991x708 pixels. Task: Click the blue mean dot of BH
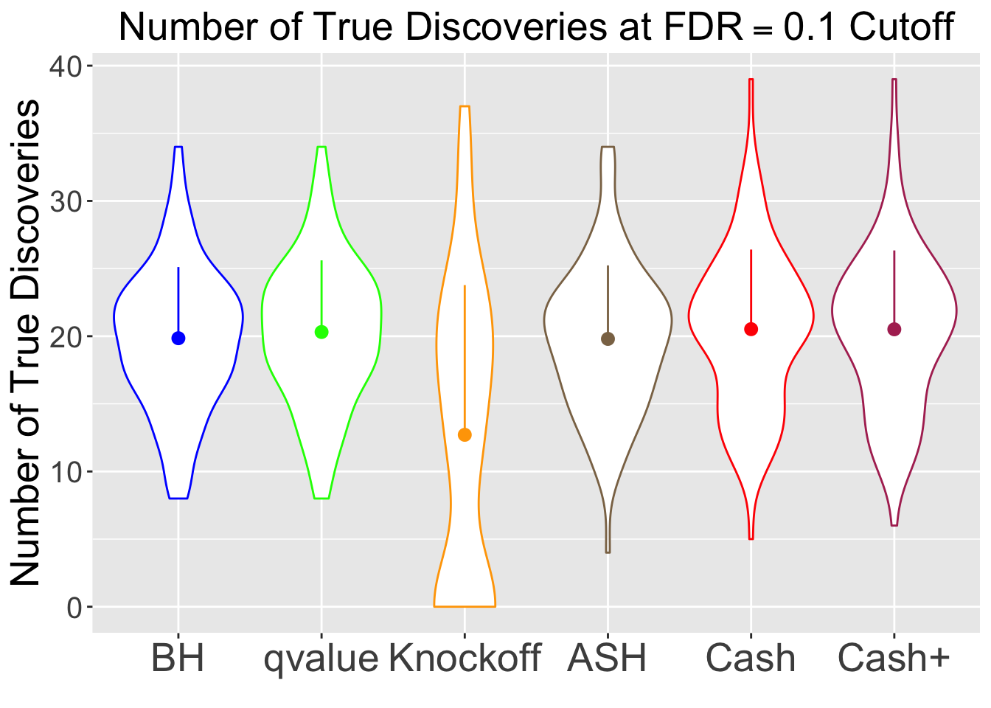click(178, 338)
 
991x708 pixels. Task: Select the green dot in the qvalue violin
click(321, 332)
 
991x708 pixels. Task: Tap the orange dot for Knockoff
click(465, 434)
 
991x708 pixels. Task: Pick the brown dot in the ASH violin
click(608, 339)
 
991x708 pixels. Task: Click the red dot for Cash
click(751, 329)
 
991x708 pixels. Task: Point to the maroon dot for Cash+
click(894, 329)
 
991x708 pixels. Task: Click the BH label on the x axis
click(178, 659)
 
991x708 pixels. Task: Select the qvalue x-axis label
click(321, 659)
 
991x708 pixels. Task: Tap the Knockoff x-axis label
click(465, 659)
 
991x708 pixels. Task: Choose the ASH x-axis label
click(608, 659)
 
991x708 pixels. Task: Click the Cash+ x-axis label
click(894, 659)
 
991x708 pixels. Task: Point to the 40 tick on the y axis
click(66, 66)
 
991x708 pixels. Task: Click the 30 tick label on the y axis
click(66, 201)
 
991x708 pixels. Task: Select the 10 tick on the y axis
click(66, 472)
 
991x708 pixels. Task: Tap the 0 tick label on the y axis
click(74, 608)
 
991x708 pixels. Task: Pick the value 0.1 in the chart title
click(811, 28)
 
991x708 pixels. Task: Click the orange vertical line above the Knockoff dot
click(465, 354)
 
